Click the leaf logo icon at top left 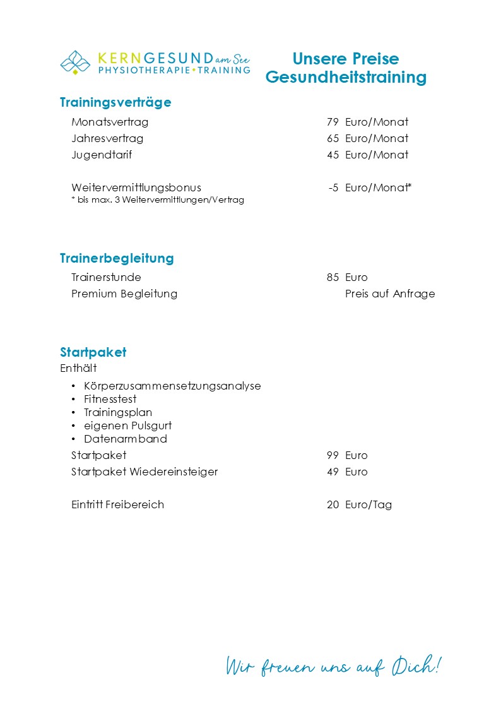(75, 63)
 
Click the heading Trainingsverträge (115, 102)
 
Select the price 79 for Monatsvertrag (333, 122)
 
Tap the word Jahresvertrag (107, 138)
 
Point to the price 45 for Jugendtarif (333, 155)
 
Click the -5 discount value (334, 188)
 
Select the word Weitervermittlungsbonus (136, 188)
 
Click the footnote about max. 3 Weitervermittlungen (158, 200)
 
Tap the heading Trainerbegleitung (117, 258)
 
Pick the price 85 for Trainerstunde (333, 277)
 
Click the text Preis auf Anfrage (390, 294)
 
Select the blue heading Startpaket (93, 352)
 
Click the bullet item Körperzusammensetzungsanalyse (172, 386)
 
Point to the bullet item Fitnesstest (110, 399)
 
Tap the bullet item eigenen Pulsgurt (128, 426)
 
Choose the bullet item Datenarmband (126, 439)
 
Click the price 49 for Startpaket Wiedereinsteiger (333, 472)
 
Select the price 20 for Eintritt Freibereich (333, 504)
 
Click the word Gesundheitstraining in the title (346, 78)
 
